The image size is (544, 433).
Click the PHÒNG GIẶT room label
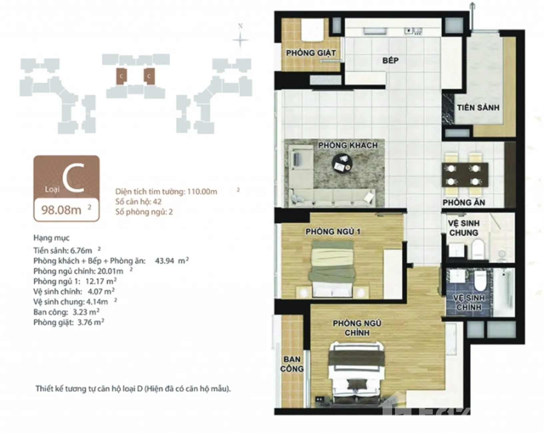tap(311, 53)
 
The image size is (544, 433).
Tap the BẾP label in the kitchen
tap(390, 60)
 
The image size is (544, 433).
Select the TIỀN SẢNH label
tap(478, 108)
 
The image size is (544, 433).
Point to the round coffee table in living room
tap(342, 164)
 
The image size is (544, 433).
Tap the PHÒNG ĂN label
tap(464, 202)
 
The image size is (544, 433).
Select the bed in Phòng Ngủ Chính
tap(357, 374)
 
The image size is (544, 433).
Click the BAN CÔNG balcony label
tap(292, 364)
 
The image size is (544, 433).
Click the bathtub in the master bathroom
tap(504, 292)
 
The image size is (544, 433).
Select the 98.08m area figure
tap(61, 210)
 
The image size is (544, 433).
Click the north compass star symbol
tap(240, 40)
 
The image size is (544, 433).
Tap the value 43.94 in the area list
tap(164, 260)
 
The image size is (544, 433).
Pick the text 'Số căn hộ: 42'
tap(138, 202)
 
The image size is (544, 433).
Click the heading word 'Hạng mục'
tap(51, 238)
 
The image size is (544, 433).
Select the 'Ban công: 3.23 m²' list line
tap(66, 312)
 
